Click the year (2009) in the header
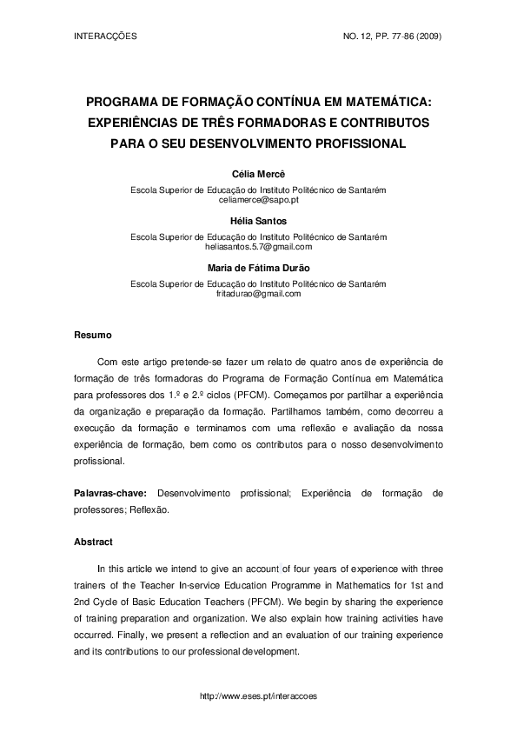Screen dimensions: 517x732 429,37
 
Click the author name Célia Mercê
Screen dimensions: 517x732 258,175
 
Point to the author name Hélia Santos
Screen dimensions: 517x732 258,222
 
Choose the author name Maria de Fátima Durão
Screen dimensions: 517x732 258,269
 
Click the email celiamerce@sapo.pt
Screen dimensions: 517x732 258,200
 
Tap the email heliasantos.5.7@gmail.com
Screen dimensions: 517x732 258,247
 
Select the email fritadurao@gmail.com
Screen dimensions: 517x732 258,294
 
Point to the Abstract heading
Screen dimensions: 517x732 93,542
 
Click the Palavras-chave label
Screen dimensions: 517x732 109,493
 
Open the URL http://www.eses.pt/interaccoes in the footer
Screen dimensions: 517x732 258,696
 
